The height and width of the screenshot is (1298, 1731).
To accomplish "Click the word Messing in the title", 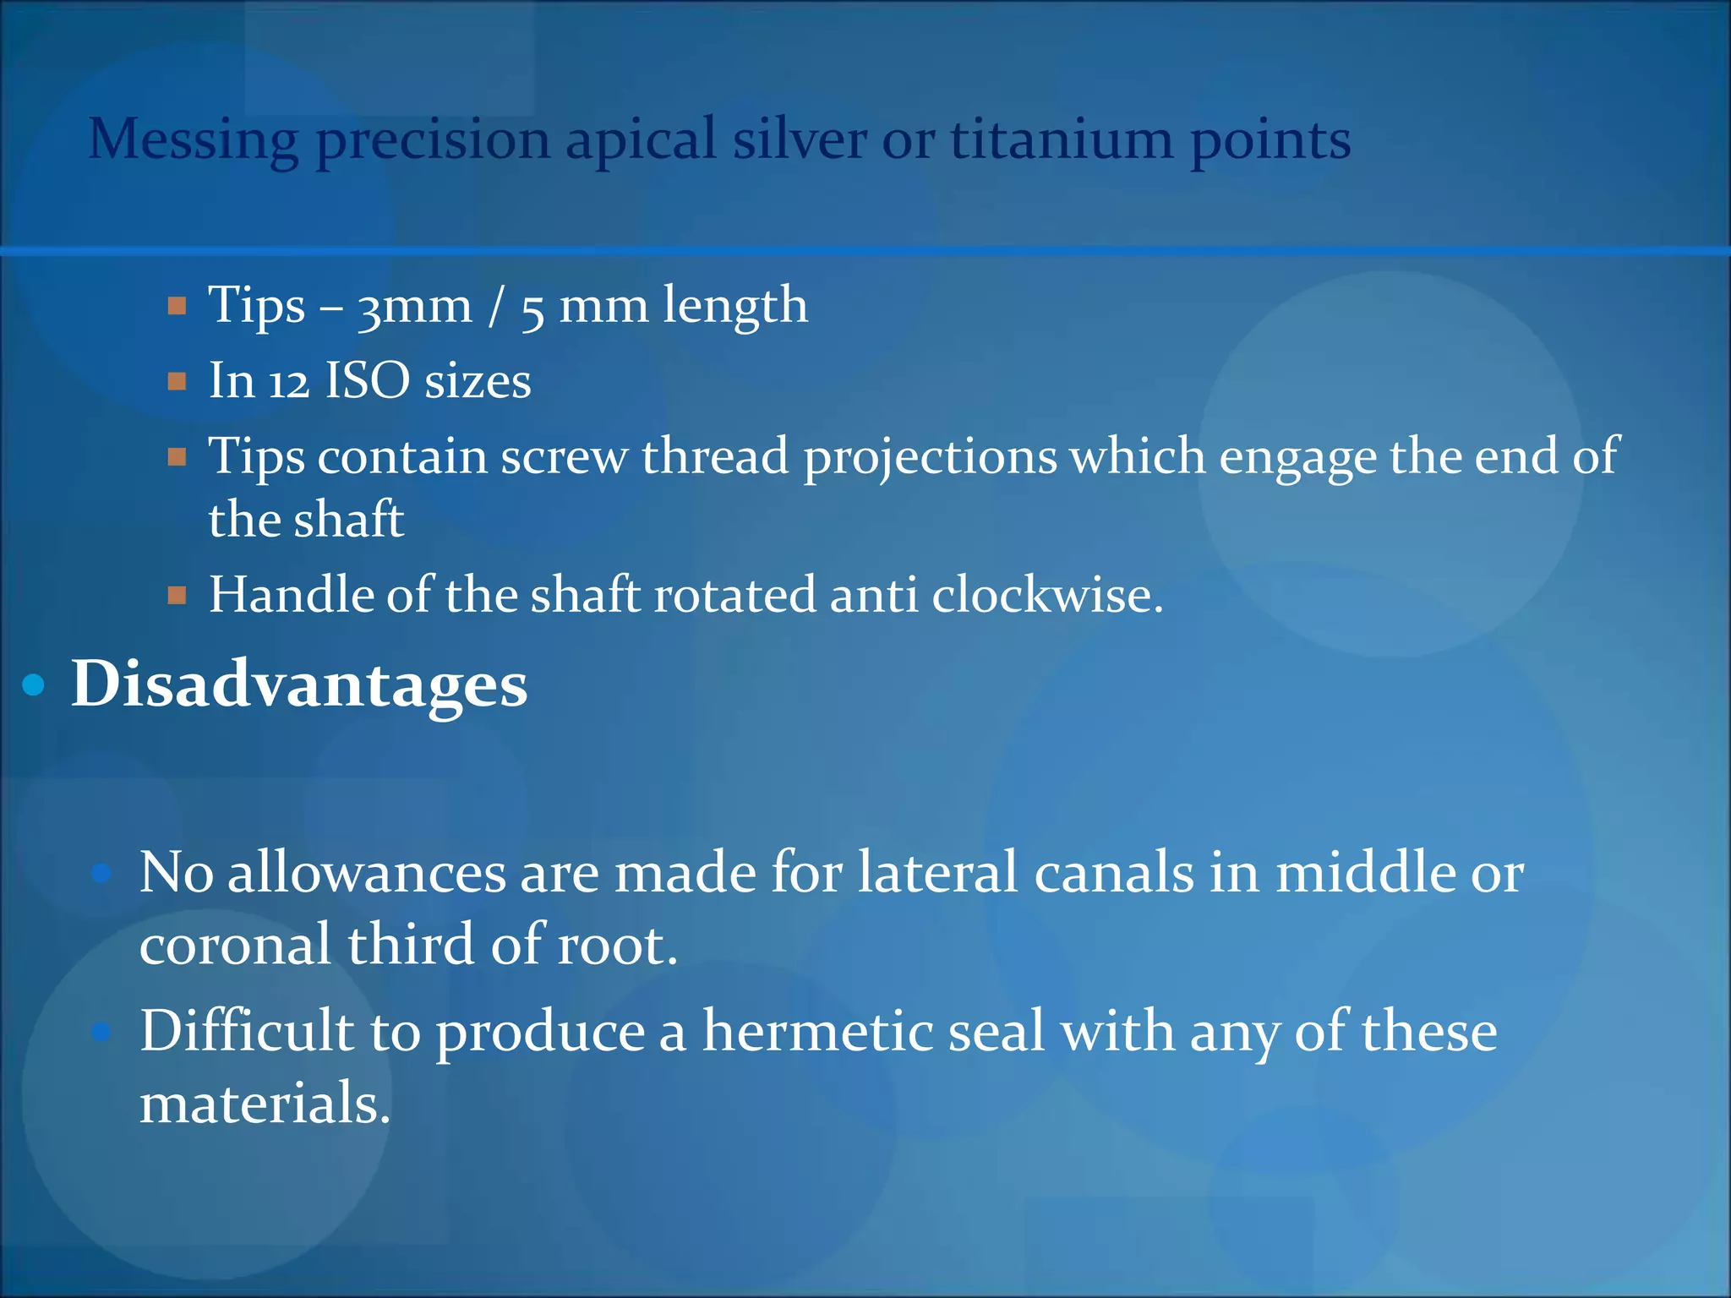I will (193, 140).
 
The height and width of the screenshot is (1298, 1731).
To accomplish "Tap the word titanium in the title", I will (1062, 139).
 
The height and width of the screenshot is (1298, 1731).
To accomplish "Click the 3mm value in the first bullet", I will (414, 306).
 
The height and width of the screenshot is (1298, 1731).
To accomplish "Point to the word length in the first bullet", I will (734, 306).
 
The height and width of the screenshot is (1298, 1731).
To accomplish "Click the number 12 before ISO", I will (289, 382).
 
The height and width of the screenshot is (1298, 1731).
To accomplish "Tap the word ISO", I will (368, 380).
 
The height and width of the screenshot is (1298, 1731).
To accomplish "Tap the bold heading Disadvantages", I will (299, 684).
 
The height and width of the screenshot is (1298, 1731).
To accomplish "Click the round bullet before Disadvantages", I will (34, 685).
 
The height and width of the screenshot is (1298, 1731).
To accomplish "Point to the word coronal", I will (235, 945).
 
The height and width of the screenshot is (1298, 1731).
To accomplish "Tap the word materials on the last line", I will (265, 1104).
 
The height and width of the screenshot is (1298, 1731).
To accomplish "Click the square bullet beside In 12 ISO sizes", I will (177, 382).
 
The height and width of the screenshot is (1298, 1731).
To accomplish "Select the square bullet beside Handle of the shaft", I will (177, 596).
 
